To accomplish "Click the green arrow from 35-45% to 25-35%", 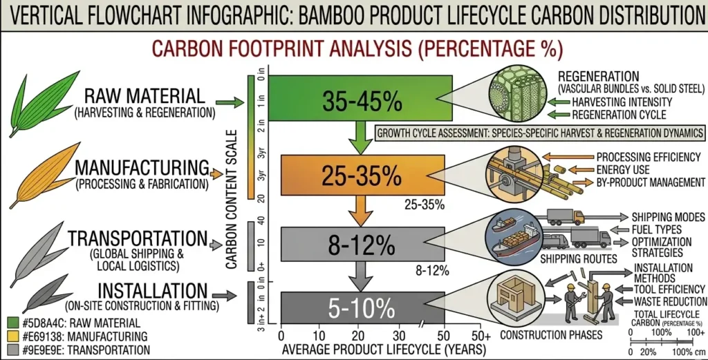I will [357, 138].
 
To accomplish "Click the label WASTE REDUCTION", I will [671, 301].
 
